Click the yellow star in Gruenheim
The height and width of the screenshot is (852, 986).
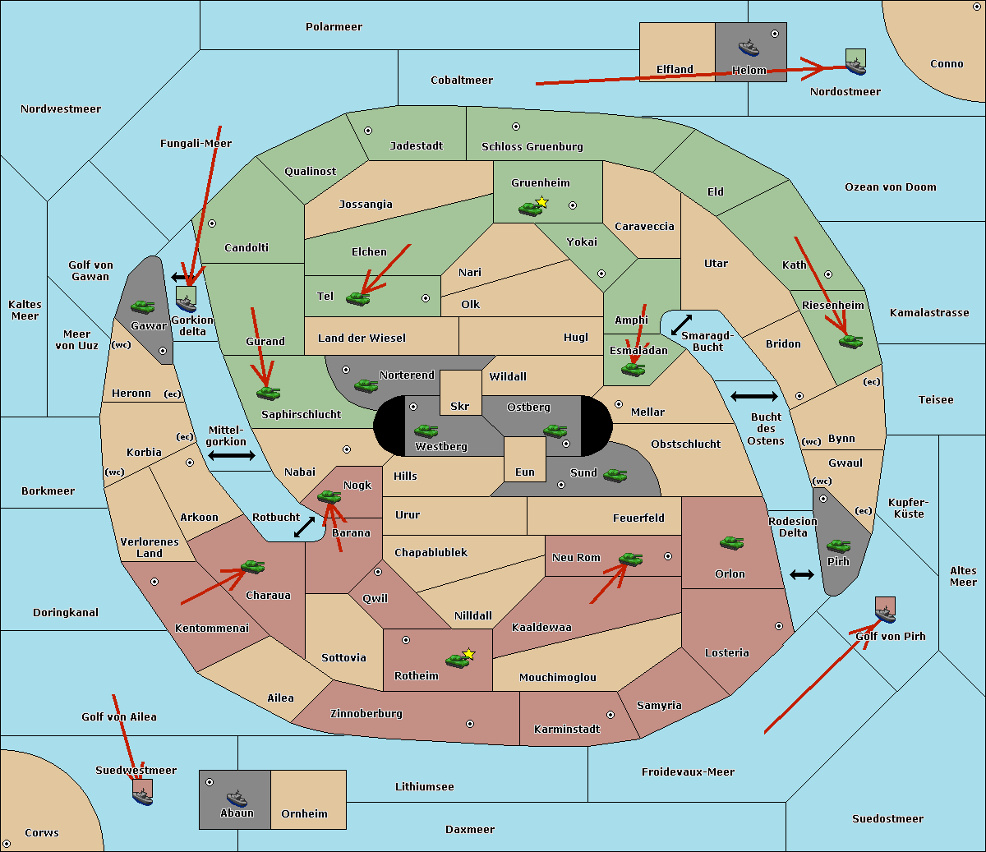point(541,202)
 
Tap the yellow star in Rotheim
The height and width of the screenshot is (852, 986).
point(469,654)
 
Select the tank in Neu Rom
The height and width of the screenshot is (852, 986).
point(631,560)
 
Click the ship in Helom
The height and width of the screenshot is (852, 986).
point(749,47)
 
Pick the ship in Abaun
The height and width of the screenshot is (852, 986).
point(237,798)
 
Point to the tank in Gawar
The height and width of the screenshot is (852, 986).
point(143,306)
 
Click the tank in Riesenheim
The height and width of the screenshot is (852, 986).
point(851,341)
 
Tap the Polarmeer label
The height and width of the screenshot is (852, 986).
point(334,27)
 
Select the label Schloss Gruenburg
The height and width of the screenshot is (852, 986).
point(532,147)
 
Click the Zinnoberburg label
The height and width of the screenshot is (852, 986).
point(366,714)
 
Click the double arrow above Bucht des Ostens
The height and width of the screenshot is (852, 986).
point(753,397)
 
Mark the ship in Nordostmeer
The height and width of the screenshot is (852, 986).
point(855,62)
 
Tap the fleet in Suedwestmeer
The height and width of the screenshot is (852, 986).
point(142,793)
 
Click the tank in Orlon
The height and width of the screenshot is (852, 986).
point(731,543)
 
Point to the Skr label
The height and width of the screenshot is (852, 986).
point(460,407)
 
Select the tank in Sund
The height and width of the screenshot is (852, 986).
point(615,475)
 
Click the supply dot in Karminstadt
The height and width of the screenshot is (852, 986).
point(610,715)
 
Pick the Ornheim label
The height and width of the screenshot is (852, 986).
point(304,814)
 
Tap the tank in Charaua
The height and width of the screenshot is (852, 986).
point(252,567)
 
